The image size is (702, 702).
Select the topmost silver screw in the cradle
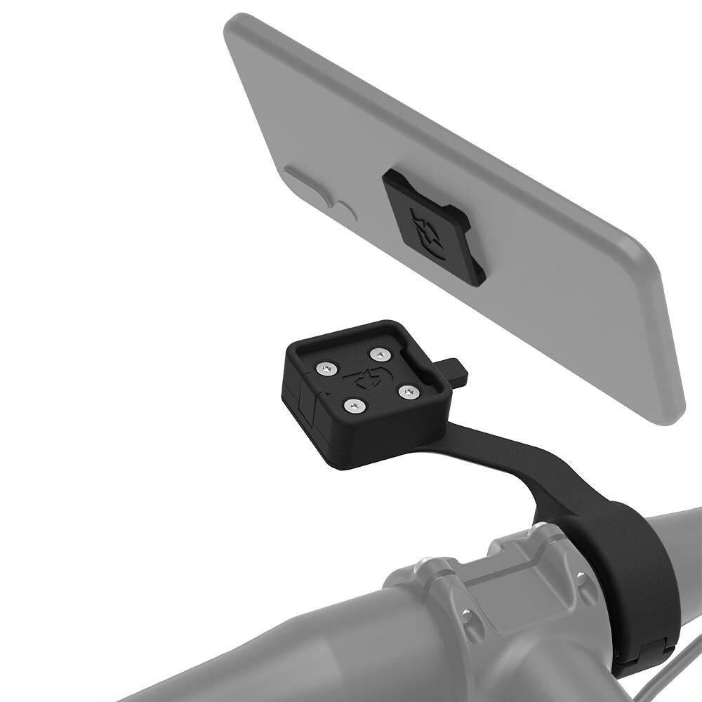[x=380, y=355]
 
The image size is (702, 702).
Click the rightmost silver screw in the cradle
[x=409, y=390]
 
